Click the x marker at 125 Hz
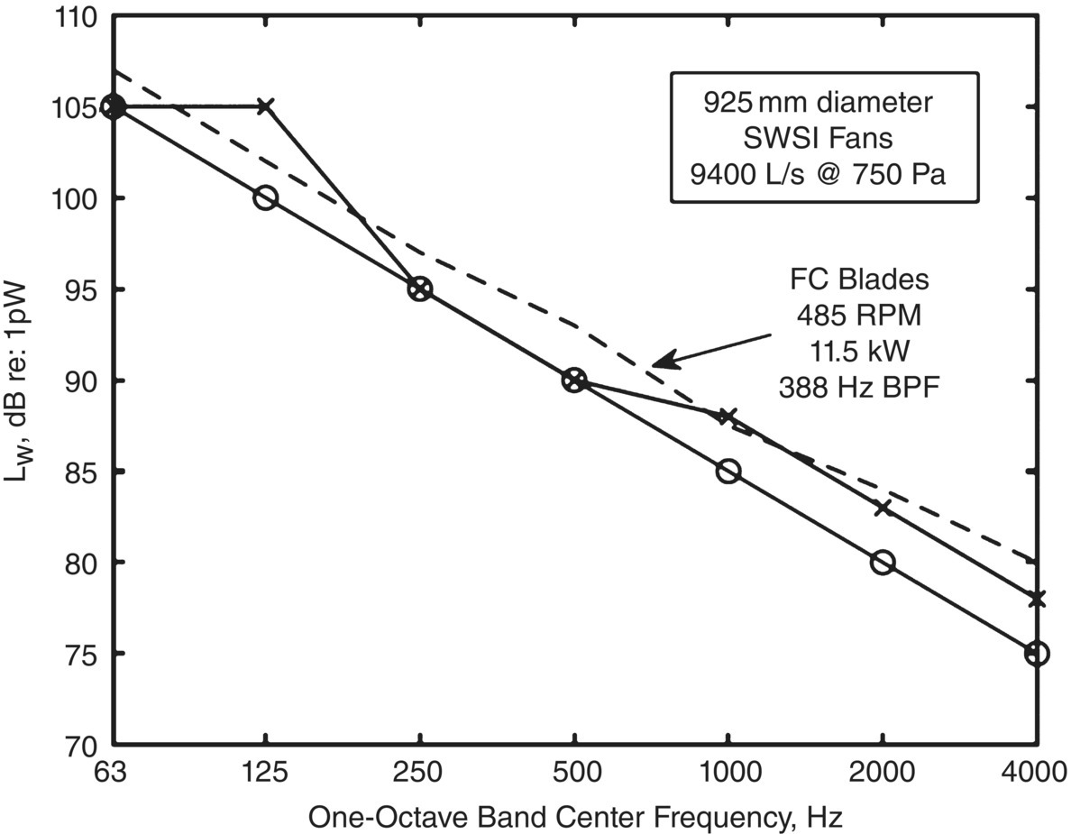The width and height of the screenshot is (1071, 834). tap(265, 106)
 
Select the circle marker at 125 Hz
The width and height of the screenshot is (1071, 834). tap(265, 197)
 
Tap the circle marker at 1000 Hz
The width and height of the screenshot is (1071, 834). tap(728, 471)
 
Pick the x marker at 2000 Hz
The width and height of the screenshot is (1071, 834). tap(883, 508)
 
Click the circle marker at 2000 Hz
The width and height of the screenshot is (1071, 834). tap(883, 562)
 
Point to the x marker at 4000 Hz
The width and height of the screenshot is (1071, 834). tap(1037, 599)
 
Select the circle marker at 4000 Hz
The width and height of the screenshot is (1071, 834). tap(1037, 653)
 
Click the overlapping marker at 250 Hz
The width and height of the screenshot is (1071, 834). tap(419, 289)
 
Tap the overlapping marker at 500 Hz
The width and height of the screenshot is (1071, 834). tap(574, 380)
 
